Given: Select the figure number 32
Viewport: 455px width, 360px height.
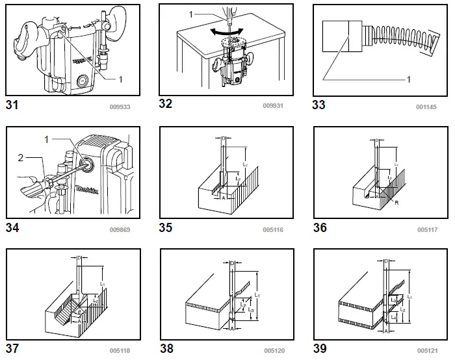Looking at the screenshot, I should [166, 104].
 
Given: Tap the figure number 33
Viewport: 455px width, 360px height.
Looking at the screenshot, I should [320, 105].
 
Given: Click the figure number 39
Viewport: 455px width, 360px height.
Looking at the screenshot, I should [320, 349].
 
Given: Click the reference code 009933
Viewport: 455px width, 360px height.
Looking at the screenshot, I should [120, 107].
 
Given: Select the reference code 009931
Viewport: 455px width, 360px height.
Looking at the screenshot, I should [273, 106].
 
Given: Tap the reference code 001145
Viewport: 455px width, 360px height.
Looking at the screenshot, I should [427, 107].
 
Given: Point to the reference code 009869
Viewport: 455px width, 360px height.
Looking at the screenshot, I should [120, 229].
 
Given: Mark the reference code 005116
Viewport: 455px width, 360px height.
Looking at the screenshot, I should [273, 229].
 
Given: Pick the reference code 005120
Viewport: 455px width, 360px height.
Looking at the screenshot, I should [273, 351].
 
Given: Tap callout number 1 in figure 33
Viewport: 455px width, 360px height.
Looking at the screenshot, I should [409, 79].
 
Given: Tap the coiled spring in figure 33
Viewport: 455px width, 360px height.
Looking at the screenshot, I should [396, 37].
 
